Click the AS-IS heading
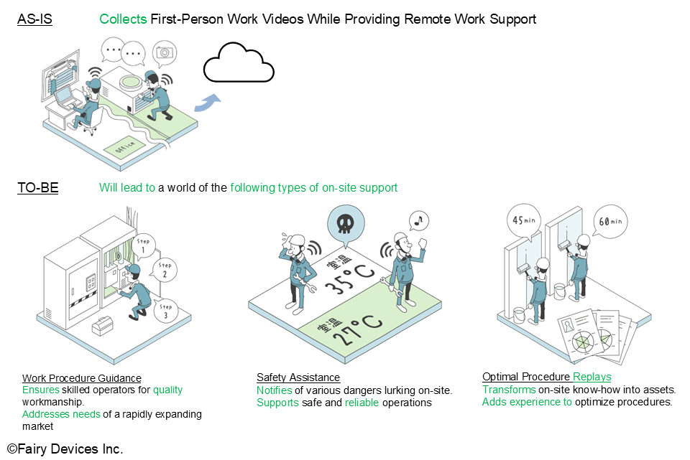pyautogui.click(x=34, y=19)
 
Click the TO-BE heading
pyautogui.click(x=37, y=188)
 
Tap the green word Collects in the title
pyautogui.click(x=124, y=19)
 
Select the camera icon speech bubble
pyautogui.click(x=166, y=52)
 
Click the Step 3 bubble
pyautogui.click(x=166, y=311)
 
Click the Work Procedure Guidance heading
pyautogui.click(x=82, y=378)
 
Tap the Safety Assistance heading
pyautogui.click(x=298, y=377)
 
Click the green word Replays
pyautogui.click(x=592, y=377)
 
